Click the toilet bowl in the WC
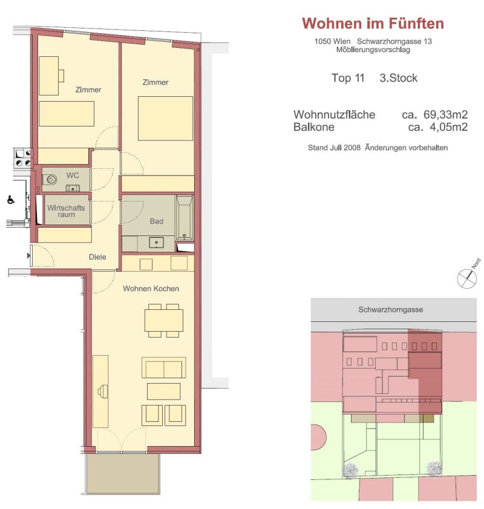50,179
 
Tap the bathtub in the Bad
185,217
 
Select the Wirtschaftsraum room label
66,211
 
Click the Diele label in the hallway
97,257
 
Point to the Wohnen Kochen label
151,289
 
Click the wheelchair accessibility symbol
10,200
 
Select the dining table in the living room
164,320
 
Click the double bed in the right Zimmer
165,119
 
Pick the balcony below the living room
123,474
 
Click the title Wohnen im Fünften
373,24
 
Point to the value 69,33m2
445,114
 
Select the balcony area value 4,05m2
449,127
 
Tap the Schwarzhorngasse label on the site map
391,310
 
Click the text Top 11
348,78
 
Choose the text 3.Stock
399,78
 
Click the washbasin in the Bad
156,243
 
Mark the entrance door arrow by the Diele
29,256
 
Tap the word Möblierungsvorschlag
373,50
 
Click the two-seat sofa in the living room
164,367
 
